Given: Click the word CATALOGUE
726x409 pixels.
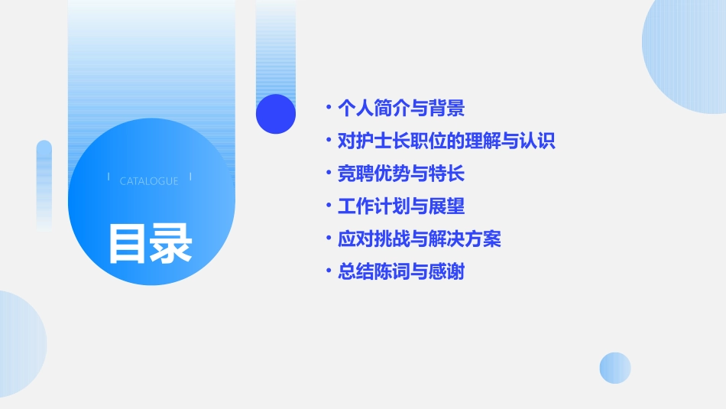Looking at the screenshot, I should pyautogui.click(x=149, y=181).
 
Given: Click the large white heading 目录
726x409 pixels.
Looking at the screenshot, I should pyautogui.click(x=150, y=242).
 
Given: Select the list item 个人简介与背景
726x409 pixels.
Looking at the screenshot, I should pyautogui.click(x=400, y=108).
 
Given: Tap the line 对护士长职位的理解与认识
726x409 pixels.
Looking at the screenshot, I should pyautogui.click(x=446, y=141).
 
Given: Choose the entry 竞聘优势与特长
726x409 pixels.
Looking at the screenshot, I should pyautogui.click(x=400, y=174).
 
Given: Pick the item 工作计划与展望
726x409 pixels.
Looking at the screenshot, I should pyautogui.click(x=400, y=206).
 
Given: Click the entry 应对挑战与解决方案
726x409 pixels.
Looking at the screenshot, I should pyautogui.click(x=419, y=239).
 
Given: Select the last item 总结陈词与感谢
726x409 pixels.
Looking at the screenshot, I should pyautogui.click(x=400, y=272).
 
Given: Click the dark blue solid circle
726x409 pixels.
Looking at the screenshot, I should pyautogui.click(x=276, y=114).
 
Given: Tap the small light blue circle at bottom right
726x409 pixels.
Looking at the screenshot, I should pyautogui.click(x=615, y=368).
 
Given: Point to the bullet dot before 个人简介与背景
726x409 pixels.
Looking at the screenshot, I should pyautogui.click(x=328, y=108).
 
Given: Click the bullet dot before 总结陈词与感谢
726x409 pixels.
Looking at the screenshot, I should pyautogui.click(x=328, y=272).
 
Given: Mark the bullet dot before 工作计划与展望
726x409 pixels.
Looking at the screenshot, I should pyautogui.click(x=328, y=206).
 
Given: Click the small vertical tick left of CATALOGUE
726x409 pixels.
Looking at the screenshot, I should pyautogui.click(x=109, y=177).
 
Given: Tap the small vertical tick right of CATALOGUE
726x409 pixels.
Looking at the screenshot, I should pyautogui.click(x=190, y=177).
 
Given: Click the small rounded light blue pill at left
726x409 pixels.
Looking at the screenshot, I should pyautogui.click(x=44, y=183).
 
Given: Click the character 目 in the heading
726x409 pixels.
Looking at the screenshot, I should pyautogui.click(x=128, y=242).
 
